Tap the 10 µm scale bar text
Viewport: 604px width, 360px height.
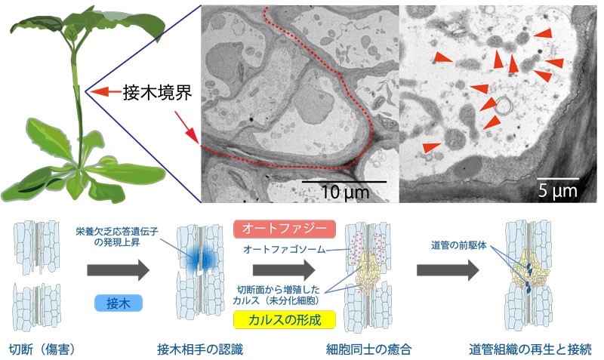point(344,192)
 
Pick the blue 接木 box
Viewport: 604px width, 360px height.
point(120,303)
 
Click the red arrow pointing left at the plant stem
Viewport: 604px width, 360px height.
point(103,92)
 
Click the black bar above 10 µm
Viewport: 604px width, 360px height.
point(344,181)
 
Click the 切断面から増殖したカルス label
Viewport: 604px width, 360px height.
point(283,294)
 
